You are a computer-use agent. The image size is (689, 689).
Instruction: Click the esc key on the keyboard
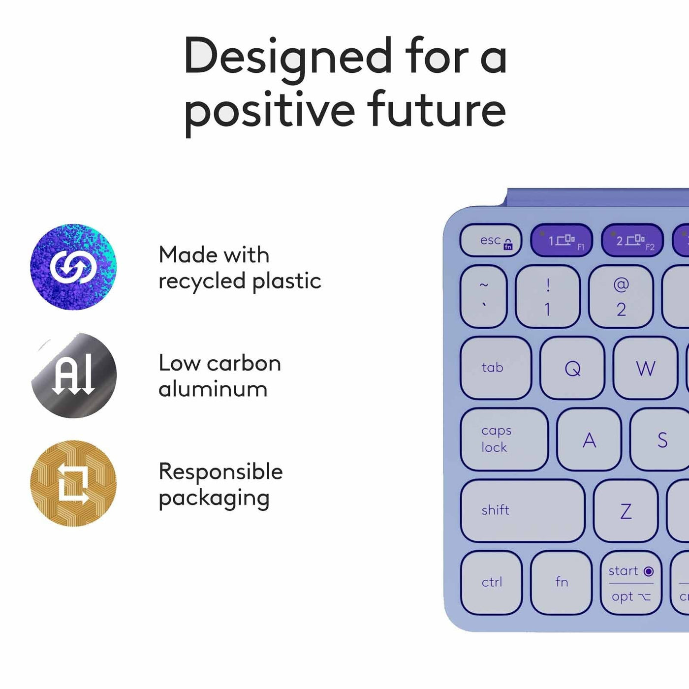pyautogui.click(x=491, y=240)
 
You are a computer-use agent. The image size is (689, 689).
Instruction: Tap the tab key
pyautogui.click(x=496, y=368)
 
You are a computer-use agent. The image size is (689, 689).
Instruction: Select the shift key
pyautogui.click(x=523, y=510)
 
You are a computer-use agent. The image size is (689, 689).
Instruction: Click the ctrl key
pyautogui.click(x=491, y=582)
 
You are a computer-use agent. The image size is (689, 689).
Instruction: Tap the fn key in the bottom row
pyautogui.click(x=562, y=582)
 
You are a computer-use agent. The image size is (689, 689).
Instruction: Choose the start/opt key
pyautogui.click(x=631, y=582)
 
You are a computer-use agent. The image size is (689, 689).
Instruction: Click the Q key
pyautogui.click(x=572, y=368)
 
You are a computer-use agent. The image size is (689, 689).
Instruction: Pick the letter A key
pyautogui.click(x=589, y=439)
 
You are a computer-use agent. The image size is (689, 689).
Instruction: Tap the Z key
pyautogui.click(x=626, y=510)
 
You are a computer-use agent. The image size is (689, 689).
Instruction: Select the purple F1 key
pyautogui.click(x=562, y=240)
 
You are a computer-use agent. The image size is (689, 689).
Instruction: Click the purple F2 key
pyautogui.click(x=632, y=240)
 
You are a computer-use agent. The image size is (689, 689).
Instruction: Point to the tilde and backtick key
pyautogui.click(x=483, y=296)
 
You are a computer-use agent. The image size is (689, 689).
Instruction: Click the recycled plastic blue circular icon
pyautogui.click(x=73, y=267)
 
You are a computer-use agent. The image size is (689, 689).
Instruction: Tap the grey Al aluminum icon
pyautogui.click(x=74, y=375)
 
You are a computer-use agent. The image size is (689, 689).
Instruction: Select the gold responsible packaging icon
pyautogui.click(x=73, y=483)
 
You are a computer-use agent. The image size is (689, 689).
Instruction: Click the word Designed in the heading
pyautogui.click(x=288, y=59)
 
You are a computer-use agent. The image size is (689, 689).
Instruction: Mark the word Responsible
pyautogui.click(x=220, y=471)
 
